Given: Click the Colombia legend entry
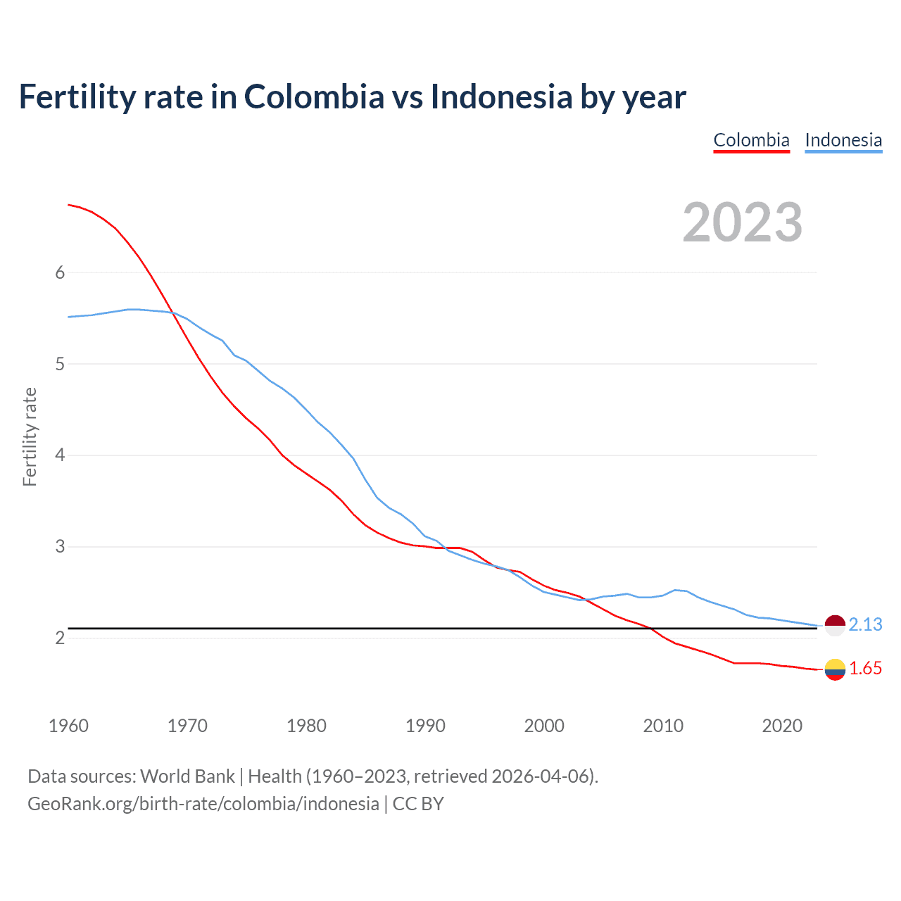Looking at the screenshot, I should pyautogui.click(x=751, y=140).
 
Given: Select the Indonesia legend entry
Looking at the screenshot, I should pyautogui.click(x=843, y=140).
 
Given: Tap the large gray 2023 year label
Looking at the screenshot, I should pyautogui.click(x=743, y=222).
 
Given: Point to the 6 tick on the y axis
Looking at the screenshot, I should pyautogui.click(x=60, y=273).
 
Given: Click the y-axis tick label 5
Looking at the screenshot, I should pyautogui.click(x=60, y=365).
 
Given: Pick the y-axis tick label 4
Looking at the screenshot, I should pyautogui.click(x=60, y=455).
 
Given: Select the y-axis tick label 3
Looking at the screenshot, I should pyautogui.click(x=60, y=547).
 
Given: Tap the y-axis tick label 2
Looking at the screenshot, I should pyautogui.click(x=60, y=638).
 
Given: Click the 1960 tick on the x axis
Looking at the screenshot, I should pyautogui.click(x=68, y=726).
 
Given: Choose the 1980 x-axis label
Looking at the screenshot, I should pyautogui.click(x=306, y=726).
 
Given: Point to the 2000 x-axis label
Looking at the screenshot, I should pyautogui.click(x=544, y=726).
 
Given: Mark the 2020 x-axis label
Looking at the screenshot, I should pyautogui.click(x=782, y=726).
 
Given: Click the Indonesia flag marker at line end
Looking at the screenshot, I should pyautogui.click(x=835, y=625).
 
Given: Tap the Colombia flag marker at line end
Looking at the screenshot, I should pyautogui.click(x=835, y=669).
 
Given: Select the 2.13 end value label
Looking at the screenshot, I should pyautogui.click(x=865, y=625).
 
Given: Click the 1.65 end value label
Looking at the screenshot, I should pyautogui.click(x=865, y=669).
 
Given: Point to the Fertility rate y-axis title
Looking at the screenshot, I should pyautogui.click(x=30, y=436).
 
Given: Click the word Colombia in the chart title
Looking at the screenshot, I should pyautogui.click(x=314, y=97).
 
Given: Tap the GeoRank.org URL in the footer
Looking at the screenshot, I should pyautogui.click(x=203, y=804).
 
